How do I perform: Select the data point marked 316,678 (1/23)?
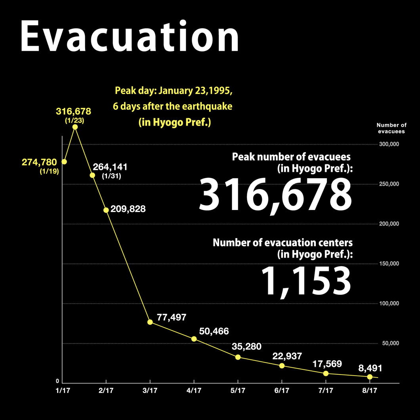click(75, 127)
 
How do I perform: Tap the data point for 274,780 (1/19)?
click(64, 162)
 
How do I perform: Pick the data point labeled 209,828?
click(106, 210)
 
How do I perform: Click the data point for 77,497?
click(150, 322)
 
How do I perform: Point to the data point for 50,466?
click(194, 339)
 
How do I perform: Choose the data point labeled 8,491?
click(370, 377)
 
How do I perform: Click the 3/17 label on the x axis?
click(150, 391)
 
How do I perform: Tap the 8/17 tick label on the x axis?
click(370, 391)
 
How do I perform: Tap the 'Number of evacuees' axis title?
click(391, 128)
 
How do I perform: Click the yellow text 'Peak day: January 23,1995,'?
click(174, 90)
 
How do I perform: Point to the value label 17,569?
click(326, 364)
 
